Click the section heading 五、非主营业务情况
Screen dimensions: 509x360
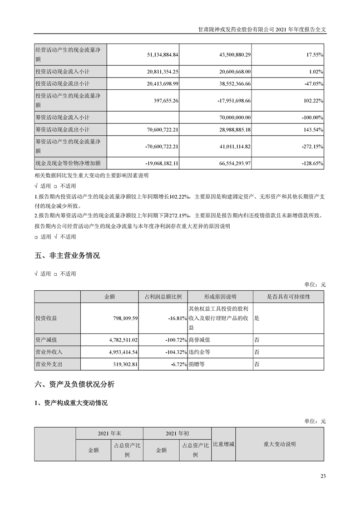67,256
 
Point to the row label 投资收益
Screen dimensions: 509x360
46,318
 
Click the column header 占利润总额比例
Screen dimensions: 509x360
163,297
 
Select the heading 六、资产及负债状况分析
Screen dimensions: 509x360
75,385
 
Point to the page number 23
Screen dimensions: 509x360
323,476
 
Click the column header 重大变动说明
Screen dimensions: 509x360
279,444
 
